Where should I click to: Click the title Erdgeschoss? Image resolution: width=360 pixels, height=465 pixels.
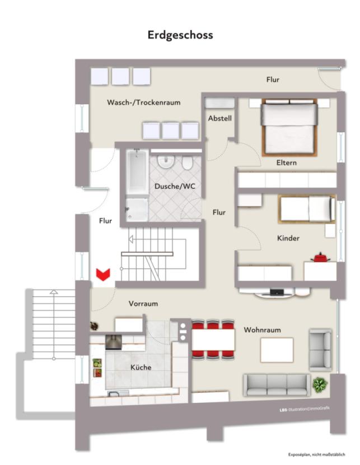180,35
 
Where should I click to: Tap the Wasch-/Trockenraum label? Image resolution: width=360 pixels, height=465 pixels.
143,103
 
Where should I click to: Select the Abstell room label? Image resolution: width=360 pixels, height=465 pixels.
219,118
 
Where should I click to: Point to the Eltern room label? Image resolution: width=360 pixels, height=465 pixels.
286,162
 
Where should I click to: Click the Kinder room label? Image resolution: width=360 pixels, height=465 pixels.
288,238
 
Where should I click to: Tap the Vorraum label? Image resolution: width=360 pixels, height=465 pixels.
143,303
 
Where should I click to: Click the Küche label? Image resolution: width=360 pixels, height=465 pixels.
141,367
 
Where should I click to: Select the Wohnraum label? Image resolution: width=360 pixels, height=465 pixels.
262,330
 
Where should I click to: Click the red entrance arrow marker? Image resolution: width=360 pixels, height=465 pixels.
103,274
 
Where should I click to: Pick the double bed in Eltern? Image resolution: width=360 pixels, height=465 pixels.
289,127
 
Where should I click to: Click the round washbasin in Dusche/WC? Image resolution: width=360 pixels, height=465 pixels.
166,162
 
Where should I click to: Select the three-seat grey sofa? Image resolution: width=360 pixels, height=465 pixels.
275,384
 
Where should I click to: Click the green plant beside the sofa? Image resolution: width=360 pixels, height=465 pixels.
320,384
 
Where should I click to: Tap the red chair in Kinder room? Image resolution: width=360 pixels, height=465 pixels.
320,257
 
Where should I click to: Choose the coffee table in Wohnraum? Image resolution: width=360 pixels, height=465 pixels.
277,350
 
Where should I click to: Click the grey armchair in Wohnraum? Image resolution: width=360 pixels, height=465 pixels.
320,342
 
